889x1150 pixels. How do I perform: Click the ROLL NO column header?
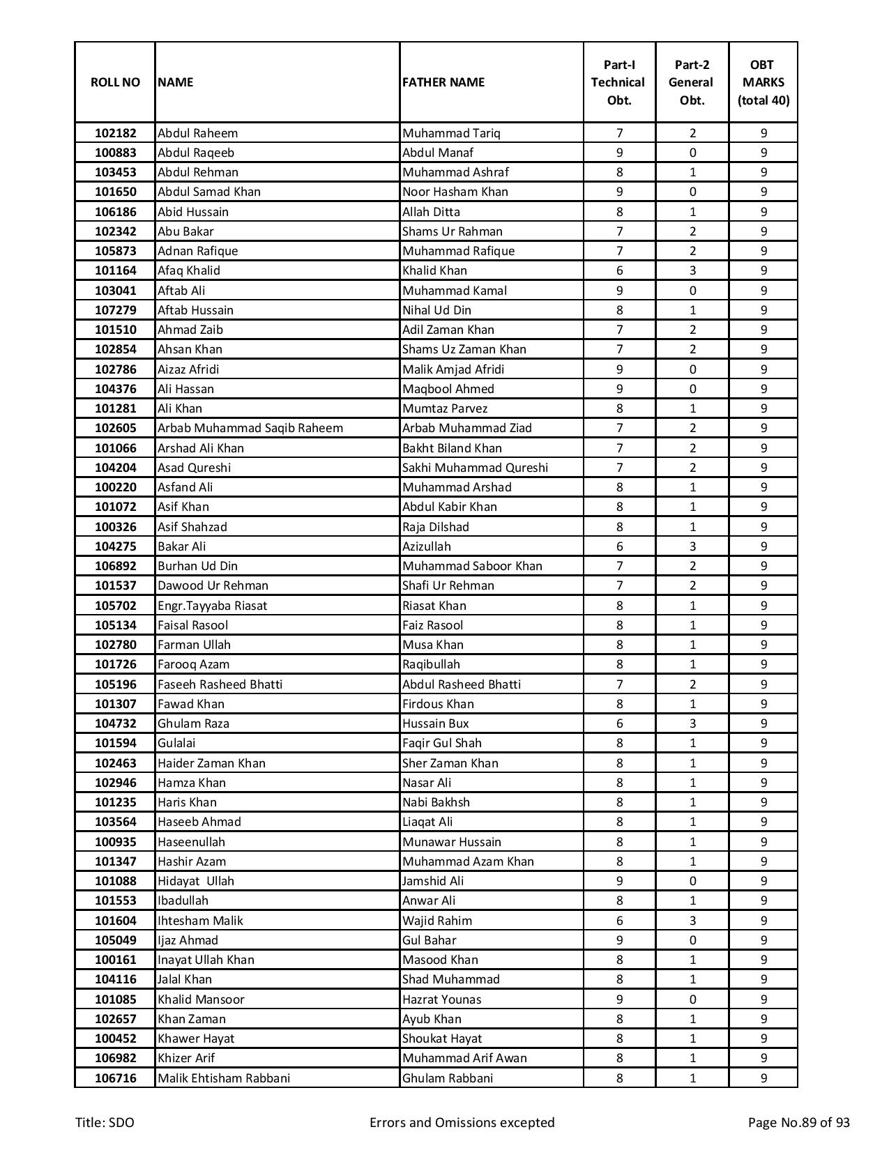[x=115, y=82]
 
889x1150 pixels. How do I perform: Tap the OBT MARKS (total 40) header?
[x=763, y=82]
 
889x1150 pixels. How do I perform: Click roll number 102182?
[x=115, y=133]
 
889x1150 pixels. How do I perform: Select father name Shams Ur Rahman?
[x=452, y=231]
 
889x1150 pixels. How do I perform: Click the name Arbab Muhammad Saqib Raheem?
[x=250, y=428]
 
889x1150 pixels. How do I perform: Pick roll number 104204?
[x=115, y=468]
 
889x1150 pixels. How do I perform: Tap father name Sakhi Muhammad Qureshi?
[x=475, y=468]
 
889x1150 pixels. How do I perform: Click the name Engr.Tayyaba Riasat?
[x=212, y=606]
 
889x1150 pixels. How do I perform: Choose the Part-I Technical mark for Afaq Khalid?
[x=619, y=270]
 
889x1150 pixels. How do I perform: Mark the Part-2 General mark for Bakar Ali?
[x=692, y=546]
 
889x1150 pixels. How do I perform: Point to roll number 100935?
[x=115, y=842]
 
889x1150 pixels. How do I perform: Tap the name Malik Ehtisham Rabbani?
[x=223, y=1078]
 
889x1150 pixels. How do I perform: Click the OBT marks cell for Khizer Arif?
[x=763, y=1058]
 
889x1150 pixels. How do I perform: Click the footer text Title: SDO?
[x=105, y=1123]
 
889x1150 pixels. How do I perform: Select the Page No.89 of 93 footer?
[x=798, y=1123]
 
